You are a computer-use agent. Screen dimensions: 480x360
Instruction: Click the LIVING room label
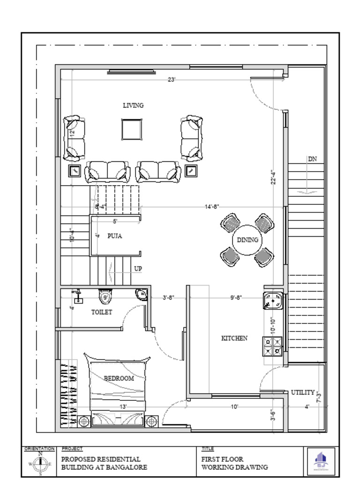click(x=133, y=105)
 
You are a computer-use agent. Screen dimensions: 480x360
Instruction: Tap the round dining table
click(x=247, y=240)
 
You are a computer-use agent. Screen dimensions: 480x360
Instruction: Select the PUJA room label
click(x=114, y=236)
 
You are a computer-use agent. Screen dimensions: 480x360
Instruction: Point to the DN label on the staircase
click(x=312, y=159)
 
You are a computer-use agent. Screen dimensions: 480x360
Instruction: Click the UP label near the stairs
click(x=138, y=269)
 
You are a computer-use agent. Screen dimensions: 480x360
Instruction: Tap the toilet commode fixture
click(x=105, y=297)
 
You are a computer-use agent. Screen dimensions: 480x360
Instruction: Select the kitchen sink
click(x=272, y=300)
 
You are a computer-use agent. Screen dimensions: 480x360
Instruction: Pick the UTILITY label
click(x=303, y=392)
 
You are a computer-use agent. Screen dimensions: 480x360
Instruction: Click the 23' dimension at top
click(x=172, y=80)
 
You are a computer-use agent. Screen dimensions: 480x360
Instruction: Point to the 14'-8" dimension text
click(x=212, y=206)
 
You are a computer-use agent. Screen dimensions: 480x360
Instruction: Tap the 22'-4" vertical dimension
click(x=273, y=177)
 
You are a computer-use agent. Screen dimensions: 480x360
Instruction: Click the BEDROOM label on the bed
click(x=119, y=378)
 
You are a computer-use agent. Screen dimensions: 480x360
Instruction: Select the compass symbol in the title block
click(x=40, y=464)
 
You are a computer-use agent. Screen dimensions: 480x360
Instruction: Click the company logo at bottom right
click(x=321, y=461)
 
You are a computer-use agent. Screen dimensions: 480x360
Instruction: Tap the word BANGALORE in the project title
click(x=127, y=467)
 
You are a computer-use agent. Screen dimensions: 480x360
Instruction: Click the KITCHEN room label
click(x=234, y=338)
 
